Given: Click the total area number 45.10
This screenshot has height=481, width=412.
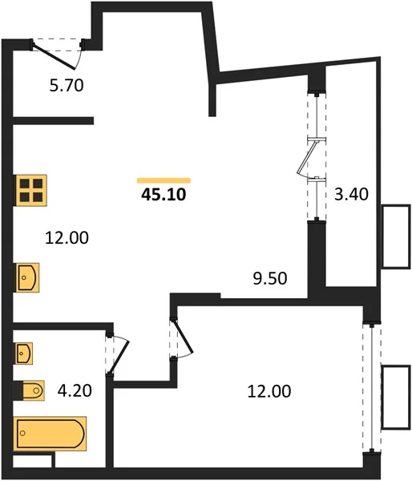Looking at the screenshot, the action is coord(164,195).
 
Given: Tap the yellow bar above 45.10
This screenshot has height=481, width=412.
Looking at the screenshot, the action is coord(164,180).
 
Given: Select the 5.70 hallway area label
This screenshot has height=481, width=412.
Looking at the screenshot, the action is coord(67,85).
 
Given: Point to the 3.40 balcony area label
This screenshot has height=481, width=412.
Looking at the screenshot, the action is coord(351,194).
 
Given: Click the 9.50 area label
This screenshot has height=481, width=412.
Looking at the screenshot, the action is coord(270,278).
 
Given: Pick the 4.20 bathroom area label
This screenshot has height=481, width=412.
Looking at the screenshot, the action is coord(75,391).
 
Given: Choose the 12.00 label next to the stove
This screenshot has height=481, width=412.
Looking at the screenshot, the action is coord(67,238).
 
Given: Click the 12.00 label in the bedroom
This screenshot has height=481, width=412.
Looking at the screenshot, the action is coord(269,391).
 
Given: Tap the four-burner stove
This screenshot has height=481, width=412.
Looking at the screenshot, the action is coord(31,190).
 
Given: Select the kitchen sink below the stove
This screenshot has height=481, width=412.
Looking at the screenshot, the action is coord(27,277).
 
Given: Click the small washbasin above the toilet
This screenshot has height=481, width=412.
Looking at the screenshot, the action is coord(24,354).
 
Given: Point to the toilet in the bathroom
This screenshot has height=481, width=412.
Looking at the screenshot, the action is coord(33,390).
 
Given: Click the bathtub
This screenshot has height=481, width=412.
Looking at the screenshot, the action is coord(50,434).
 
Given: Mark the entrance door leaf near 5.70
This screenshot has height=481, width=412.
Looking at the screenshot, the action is coord(54,55).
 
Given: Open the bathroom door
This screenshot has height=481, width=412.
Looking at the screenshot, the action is coord(119,357).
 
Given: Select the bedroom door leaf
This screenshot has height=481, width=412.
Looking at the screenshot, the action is coord(183,336).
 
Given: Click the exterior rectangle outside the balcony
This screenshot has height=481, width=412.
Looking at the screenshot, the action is coord(396,236).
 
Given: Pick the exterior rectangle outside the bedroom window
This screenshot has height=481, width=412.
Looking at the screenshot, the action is coord(396,398).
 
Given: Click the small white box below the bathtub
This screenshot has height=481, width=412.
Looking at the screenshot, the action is coord(32,461).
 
